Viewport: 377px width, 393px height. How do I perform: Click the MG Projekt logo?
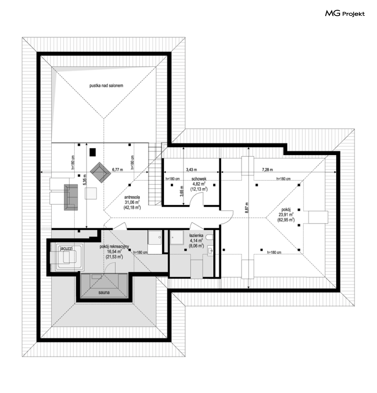pos(345,13)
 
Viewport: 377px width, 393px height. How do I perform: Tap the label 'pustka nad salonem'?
pos(106,86)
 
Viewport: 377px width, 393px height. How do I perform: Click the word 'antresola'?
pos(132,197)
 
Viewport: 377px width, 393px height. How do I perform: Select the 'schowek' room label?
pos(199,179)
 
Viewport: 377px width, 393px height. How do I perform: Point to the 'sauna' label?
pos(104,292)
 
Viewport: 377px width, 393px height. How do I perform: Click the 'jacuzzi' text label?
pos(66,248)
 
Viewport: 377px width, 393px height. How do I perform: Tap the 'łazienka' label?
pos(196,236)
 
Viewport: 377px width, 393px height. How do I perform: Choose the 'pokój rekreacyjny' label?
pos(114,246)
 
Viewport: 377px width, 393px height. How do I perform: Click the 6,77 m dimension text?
pos(117,170)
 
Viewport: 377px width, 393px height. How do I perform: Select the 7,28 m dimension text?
pos(267,170)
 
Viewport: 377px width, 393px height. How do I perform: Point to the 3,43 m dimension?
pos(191,170)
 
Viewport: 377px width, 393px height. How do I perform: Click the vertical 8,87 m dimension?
pos(247,207)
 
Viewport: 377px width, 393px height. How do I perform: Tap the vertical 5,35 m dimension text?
pos(84,180)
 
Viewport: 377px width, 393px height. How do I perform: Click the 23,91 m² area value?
pos(286,215)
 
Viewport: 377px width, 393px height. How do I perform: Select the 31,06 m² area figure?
pos(132,202)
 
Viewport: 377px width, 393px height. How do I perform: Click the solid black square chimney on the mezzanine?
pos(92,152)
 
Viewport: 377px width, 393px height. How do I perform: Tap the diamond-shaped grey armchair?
pos(100,172)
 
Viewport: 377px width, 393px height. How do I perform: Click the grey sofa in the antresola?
pos(70,197)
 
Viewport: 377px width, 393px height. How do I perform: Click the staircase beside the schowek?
pos(155,175)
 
